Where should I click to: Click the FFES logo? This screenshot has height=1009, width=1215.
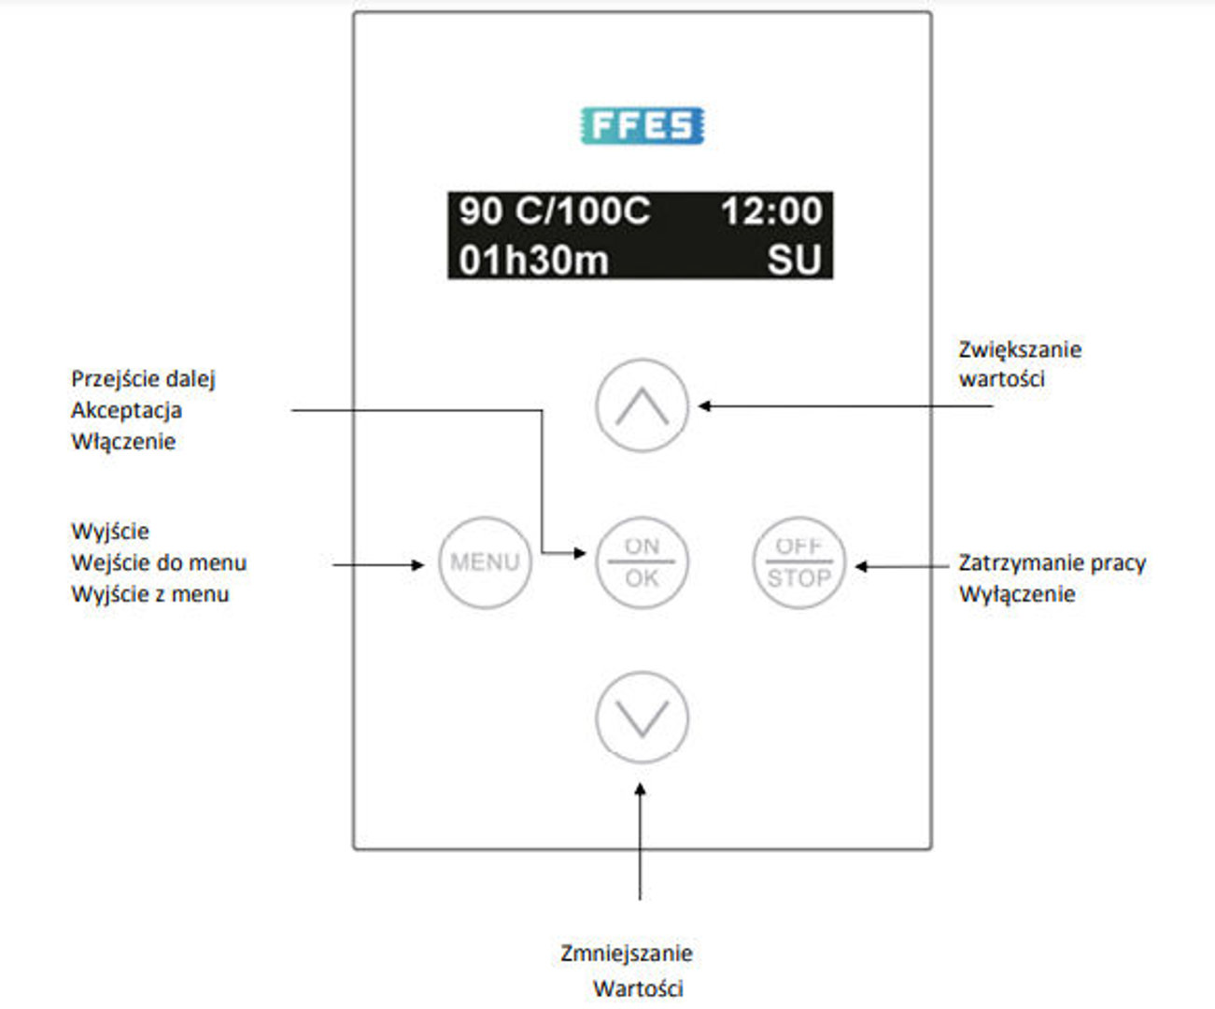643,126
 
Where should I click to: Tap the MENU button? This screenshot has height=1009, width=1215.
485,562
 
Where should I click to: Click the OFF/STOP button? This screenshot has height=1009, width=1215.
798,562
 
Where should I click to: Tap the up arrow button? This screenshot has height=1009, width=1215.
642,405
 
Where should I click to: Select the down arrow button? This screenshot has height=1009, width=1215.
642,718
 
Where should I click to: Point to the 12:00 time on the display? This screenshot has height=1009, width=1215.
771,211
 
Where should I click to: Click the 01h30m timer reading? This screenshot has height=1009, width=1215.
533,260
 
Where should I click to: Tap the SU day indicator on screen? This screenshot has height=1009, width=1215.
795,260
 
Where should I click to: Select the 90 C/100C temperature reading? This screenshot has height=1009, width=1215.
554,211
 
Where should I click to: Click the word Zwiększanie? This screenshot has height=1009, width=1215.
1020,349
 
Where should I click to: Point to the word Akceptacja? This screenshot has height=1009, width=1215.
126,410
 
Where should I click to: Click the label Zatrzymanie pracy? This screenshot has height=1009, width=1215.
1053,563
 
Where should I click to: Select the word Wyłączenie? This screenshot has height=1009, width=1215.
1017,594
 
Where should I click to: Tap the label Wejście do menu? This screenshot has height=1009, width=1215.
159,563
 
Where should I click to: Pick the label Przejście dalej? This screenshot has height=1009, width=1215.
143,379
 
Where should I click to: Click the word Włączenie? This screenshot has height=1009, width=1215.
123,441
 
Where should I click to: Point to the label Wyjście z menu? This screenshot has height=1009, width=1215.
150,594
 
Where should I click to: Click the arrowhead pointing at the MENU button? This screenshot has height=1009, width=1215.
417,564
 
